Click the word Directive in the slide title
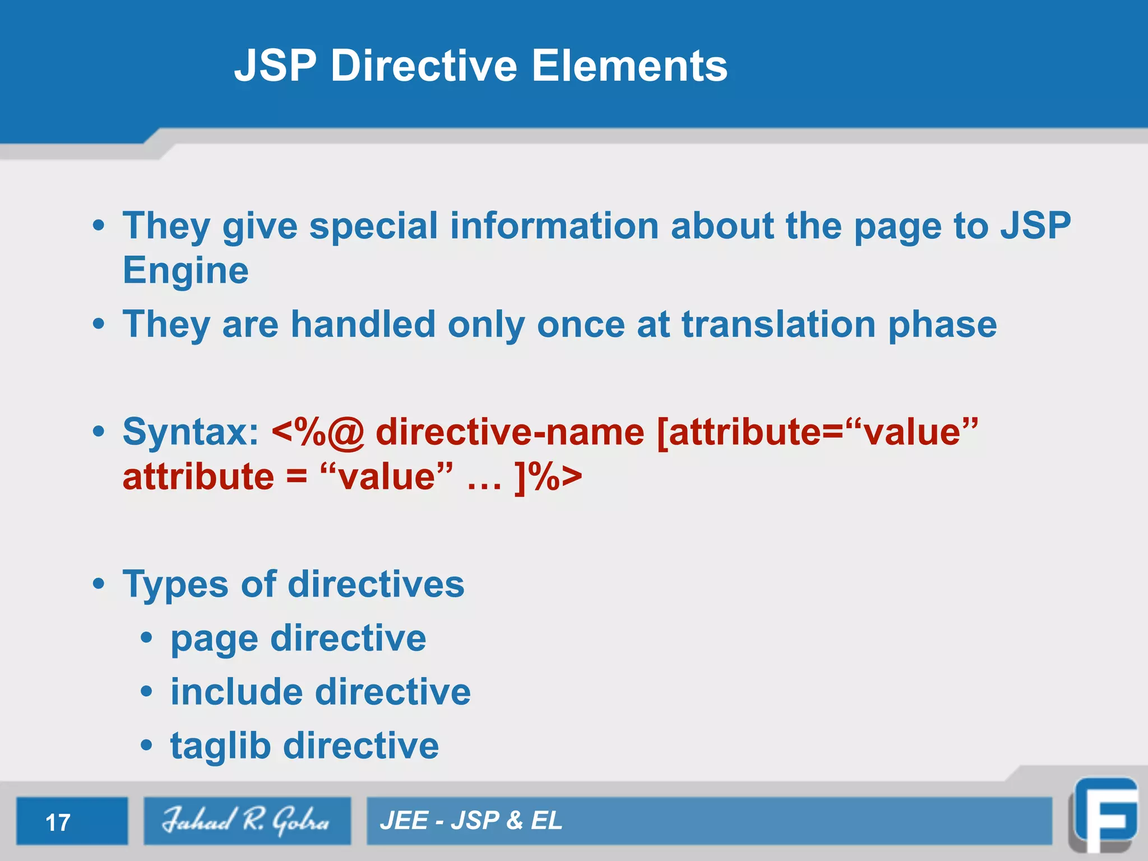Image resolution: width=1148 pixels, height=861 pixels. [x=424, y=66]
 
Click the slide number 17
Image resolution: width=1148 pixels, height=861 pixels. [x=58, y=823]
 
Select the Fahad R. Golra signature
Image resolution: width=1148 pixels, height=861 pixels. [x=246, y=821]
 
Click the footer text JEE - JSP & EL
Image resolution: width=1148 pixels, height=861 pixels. [x=471, y=821]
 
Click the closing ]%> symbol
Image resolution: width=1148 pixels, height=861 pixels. [x=548, y=478]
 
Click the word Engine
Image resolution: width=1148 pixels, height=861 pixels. [x=186, y=271]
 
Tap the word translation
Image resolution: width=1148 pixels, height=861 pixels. [x=779, y=325]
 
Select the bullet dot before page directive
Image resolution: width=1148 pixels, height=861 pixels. [x=146, y=638]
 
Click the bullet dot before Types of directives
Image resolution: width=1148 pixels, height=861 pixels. [x=99, y=584]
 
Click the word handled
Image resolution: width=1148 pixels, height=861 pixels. [x=363, y=325]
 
